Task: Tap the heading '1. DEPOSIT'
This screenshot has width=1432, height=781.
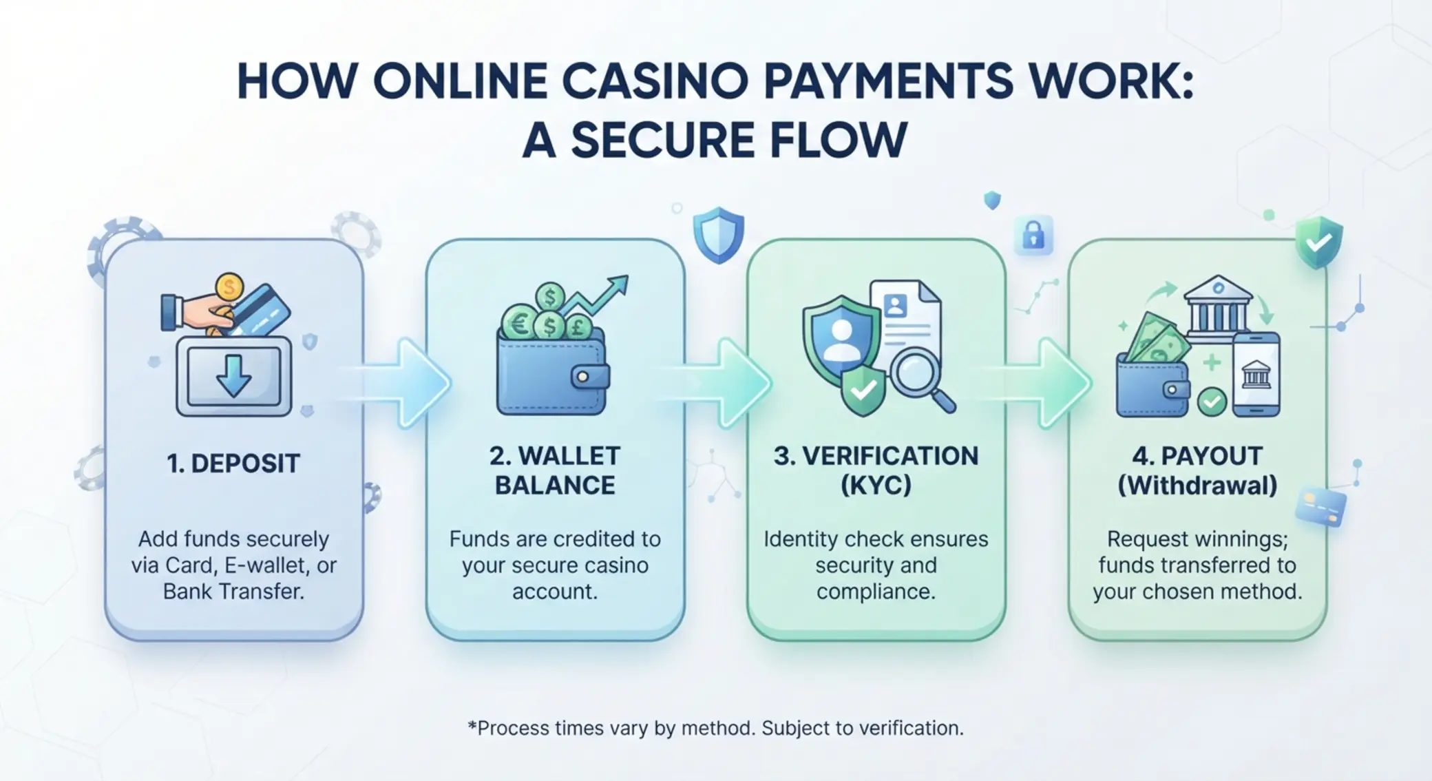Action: point(233,464)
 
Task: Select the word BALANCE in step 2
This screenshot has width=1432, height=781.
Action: point(555,486)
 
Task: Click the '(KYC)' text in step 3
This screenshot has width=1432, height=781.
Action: point(876,486)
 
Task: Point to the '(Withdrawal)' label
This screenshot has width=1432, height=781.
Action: point(1197,486)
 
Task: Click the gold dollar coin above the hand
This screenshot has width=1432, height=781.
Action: point(229,286)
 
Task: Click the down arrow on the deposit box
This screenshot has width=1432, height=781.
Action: point(233,375)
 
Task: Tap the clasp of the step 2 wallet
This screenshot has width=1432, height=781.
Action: point(589,377)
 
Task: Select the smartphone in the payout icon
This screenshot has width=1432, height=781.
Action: point(1256,374)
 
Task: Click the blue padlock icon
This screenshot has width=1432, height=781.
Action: point(1033,236)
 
